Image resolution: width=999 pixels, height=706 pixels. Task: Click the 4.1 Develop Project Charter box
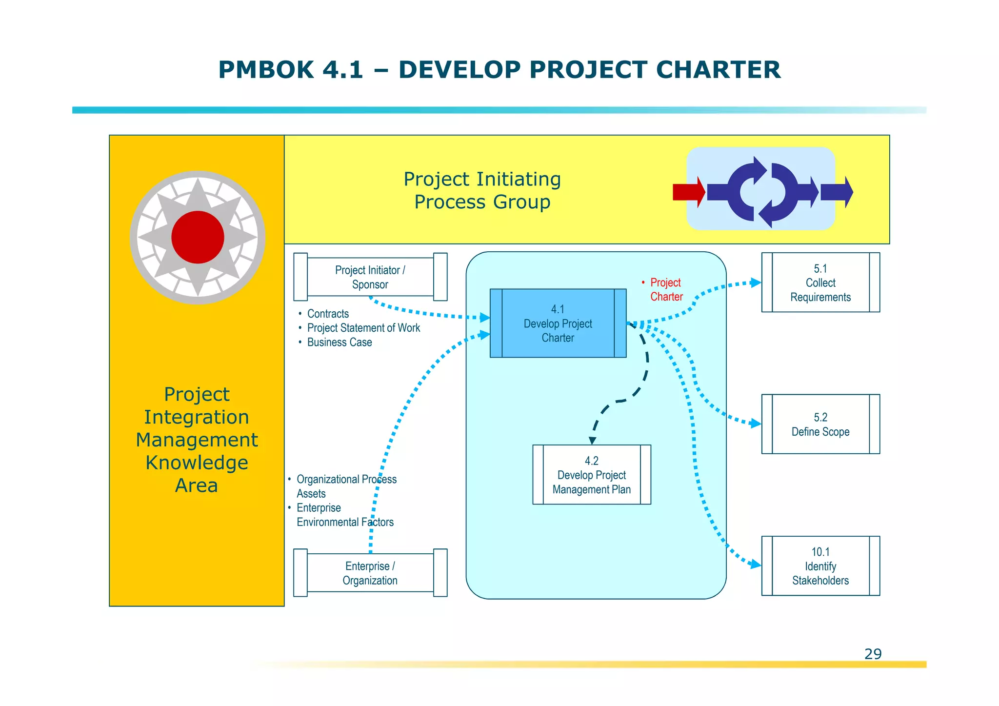click(x=558, y=323)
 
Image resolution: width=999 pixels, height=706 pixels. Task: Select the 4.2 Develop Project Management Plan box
click(x=591, y=475)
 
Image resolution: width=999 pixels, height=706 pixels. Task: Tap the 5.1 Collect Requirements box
click(x=820, y=282)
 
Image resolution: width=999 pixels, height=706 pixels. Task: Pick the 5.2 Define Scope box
click(x=820, y=424)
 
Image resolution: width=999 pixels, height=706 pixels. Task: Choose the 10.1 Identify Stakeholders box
click(x=820, y=566)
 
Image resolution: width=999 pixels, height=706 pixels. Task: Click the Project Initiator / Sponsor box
click(x=370, y=277)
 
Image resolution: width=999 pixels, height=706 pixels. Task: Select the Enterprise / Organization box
click(x=370, y=573)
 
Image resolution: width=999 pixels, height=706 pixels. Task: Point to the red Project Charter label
click(x=666, y=289)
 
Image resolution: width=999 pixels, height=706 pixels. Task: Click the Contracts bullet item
click(x=328, y=314)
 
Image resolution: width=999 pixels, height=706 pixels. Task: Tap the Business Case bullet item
click(x=340, y=343)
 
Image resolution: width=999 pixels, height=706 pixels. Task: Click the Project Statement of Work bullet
click(x=363, y=328)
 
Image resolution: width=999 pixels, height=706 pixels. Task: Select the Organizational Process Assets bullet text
click(x=346, y=486)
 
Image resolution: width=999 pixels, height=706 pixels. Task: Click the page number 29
click(x=873, y=654)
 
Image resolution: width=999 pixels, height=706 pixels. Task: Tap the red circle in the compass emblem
click(x=198, y=238)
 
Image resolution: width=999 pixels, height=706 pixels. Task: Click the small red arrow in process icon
click(x=688, y=192)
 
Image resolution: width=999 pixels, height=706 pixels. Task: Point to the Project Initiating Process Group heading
click(x=482, y=190)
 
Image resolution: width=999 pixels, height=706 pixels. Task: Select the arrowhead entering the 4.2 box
click(x=592, y=441)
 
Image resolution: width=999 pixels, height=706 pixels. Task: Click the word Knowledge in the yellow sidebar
click(x=197, y=463)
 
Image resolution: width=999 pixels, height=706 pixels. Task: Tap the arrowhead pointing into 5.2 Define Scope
click(x=756, y=423)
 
